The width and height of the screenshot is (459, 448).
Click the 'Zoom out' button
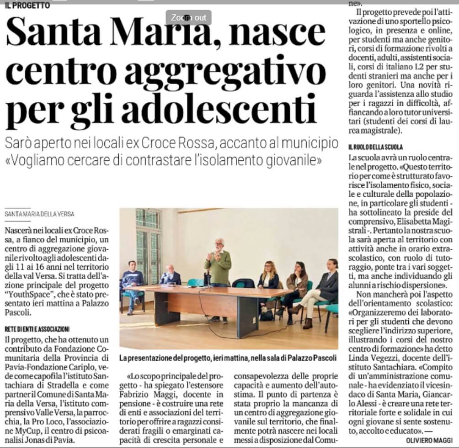click(x=188, y=18)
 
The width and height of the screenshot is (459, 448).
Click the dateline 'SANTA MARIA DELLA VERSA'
click(x=39, y=214)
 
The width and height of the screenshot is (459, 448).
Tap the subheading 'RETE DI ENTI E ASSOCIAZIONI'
click(x=37, y=329)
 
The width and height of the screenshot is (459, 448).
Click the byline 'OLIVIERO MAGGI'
click(x=430, y=440)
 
